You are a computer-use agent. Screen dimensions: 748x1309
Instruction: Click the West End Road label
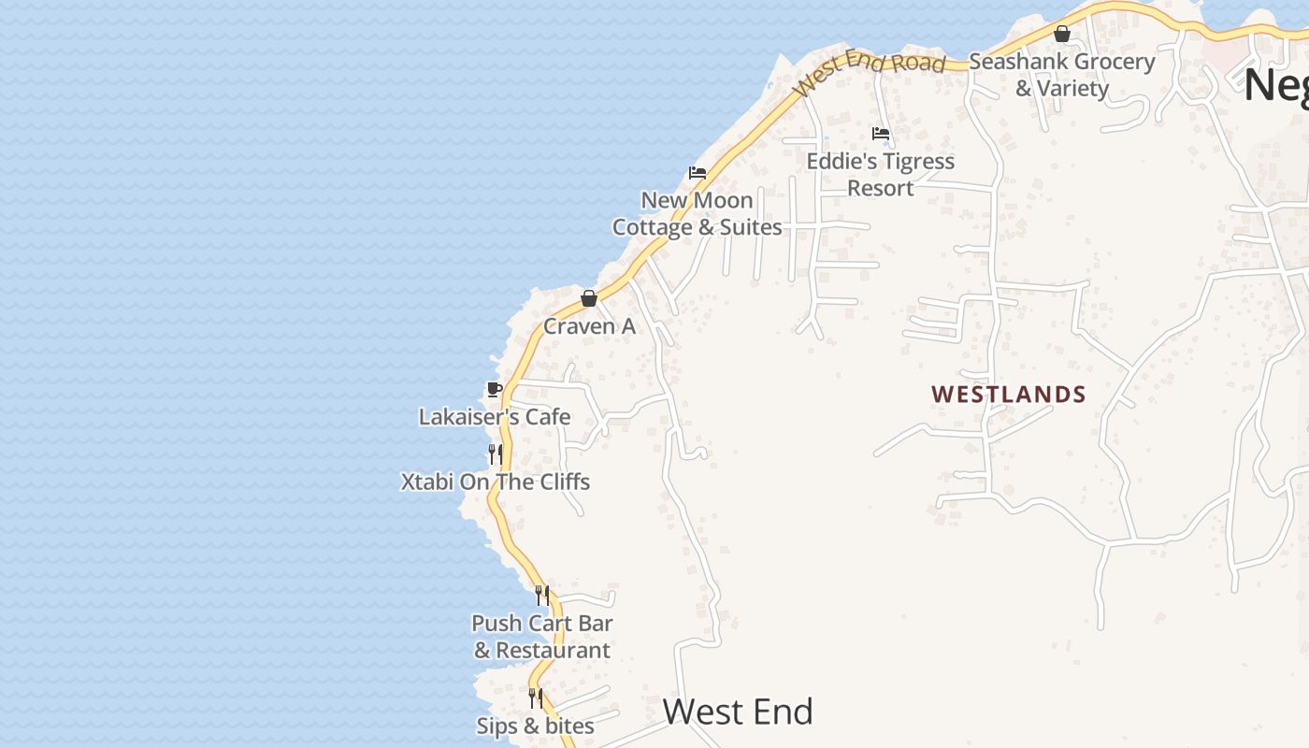[x=870, y=69]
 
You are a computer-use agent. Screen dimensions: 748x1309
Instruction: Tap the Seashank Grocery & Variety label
[x=1062, y=75]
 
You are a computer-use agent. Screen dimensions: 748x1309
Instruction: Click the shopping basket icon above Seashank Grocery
[x=1062, y=35]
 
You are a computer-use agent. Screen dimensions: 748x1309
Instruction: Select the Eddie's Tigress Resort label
[x=881, y=174]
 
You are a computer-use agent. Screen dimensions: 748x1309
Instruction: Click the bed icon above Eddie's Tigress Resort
[x=881, y=134]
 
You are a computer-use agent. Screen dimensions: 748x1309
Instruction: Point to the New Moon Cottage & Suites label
[x=698, y=213]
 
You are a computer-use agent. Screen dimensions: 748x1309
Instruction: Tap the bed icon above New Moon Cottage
[x=698, y=173]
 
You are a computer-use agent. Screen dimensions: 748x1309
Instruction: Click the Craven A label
[x=589, y=326]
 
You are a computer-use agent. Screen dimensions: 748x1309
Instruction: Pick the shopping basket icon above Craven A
[x=589, y=298]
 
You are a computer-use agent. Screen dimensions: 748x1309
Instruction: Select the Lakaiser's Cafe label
[x=495, y=417]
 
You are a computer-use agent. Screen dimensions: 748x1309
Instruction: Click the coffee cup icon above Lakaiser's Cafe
[x=495, y=389]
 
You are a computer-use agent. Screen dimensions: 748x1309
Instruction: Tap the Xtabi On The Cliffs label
[x=496, y=482]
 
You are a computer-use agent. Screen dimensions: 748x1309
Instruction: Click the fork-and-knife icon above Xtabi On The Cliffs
[x=496, y=454]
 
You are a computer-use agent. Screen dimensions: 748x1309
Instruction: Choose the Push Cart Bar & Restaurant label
[x=542, y=637]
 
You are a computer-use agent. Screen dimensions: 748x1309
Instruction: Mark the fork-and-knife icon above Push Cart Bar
[x=542, y=596]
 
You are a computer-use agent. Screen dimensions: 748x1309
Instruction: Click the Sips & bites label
[x=535, y=726]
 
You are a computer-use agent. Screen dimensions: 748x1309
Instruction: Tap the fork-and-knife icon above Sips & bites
[x=535, y=698]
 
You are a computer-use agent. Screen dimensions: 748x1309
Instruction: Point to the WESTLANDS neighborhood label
[x=1009, y=395]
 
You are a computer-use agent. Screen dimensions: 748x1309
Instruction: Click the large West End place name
[x=738, y=712]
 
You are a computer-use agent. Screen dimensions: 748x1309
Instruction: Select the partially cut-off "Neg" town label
[x=1275, y=86]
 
